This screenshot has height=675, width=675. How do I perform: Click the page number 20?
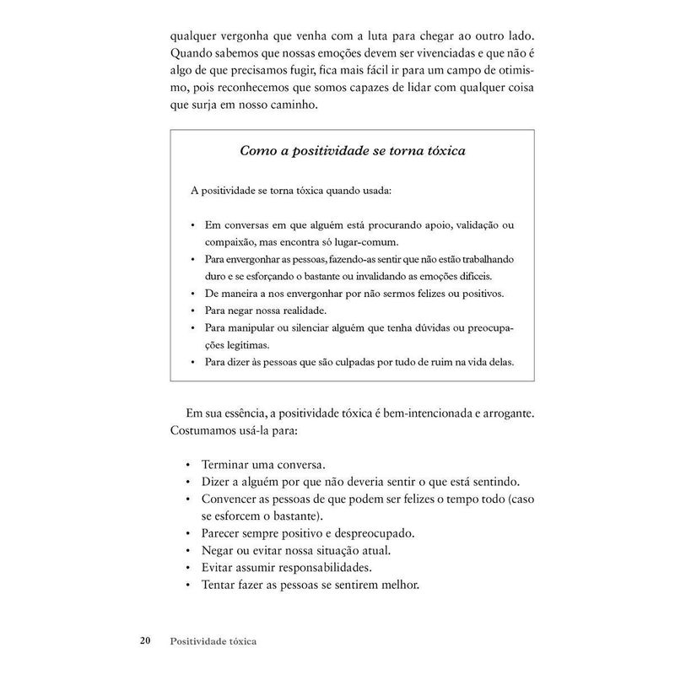tap(145, 640)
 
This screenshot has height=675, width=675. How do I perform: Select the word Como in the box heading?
tap(258, 151)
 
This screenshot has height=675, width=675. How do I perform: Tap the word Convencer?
tap(233, 499)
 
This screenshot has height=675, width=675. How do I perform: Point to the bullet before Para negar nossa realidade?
tap(193, 310)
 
